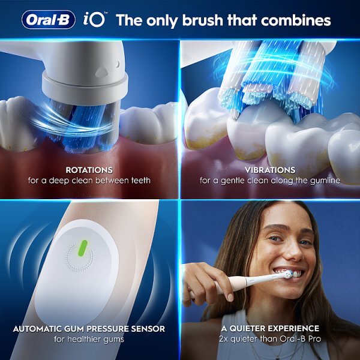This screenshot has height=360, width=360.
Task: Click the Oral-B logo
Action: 49,20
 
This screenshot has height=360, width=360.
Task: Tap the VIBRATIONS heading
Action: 269,170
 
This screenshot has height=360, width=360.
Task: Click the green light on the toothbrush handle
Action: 83,248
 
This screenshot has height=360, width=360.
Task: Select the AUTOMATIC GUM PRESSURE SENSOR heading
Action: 89,329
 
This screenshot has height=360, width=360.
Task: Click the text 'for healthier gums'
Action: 89,339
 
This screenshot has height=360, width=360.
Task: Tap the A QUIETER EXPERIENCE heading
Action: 269,329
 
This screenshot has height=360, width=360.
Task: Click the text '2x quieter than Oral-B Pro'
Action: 269,339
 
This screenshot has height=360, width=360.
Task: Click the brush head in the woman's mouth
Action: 287,274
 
